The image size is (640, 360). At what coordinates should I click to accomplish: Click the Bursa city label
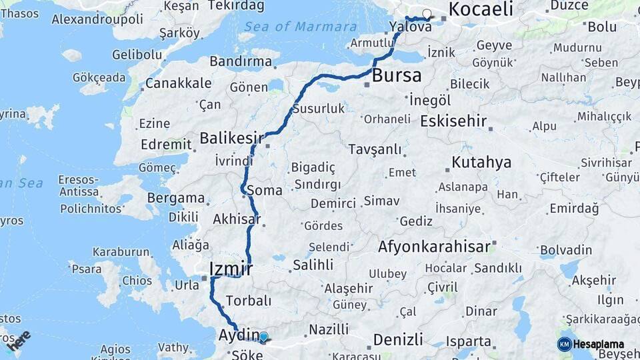click(397, 75)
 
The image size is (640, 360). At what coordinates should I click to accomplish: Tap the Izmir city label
click(231, 269)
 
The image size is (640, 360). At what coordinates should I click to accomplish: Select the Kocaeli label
click(481, 9)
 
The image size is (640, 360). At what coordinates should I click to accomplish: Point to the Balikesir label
click(231, 139)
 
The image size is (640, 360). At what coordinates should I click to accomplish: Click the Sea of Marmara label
click(300, 27)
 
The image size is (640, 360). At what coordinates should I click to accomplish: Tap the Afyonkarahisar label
click(434, 247)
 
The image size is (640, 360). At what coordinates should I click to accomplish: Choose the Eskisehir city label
click(453, 121)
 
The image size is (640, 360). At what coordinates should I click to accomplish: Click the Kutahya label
click(481, 162)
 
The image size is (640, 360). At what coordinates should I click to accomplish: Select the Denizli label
click(398, 339)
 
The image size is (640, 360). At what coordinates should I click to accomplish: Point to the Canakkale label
click(178, 83)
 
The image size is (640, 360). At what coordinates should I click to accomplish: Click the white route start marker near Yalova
click(427, 13)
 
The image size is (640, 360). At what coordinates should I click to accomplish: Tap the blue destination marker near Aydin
click(263, 337)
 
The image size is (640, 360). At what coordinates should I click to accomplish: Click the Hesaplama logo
click(591, 344)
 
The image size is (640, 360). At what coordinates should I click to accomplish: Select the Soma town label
click(264, 191)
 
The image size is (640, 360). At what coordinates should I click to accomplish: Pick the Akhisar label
click(236, 219)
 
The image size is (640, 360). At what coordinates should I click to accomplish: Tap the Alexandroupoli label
click(97, 19)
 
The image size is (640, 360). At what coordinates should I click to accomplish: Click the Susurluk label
click(319, 108)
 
